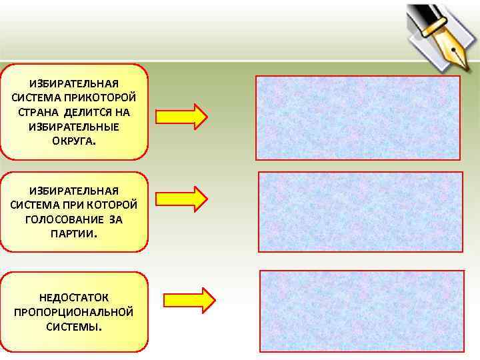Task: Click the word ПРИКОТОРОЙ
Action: click(x=109, y=97)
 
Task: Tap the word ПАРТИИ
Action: click(x=73, y=233)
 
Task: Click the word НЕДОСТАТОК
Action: click(x=74, y=297)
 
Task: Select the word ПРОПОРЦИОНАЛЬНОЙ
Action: click(x=74, y=312)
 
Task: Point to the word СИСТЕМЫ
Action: click(x=73, y=327)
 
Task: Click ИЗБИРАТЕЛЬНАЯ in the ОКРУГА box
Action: click(x=74, y=83)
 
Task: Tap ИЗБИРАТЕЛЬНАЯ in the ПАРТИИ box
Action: click(x=74, y=191)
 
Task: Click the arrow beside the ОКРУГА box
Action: click(x=181, y=115)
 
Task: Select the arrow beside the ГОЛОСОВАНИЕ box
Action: click(x=181, y=199)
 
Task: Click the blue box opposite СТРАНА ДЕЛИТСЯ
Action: click(x=357, y=117)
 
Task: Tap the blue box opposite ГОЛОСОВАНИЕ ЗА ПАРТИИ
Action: click(x=360, y=211)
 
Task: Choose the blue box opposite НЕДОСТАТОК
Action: click(x=361, y=310)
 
